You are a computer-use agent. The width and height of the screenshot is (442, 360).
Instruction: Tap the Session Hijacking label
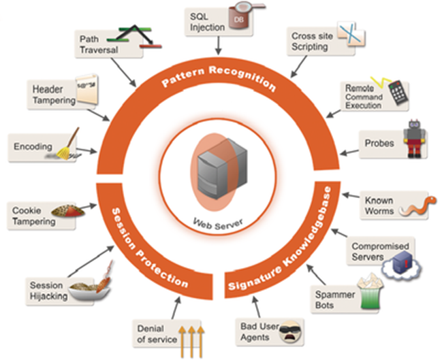pos(48,289)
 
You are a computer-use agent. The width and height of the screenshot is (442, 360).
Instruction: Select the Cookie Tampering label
pos(33,215)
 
